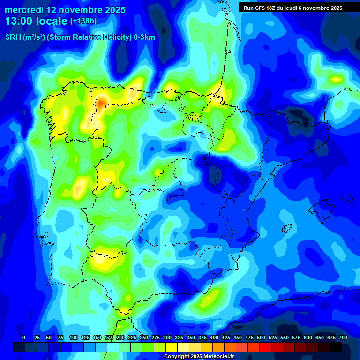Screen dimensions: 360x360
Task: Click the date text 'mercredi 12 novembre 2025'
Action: [x=65, y=10]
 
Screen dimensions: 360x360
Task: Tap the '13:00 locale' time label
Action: [x=37, y=21]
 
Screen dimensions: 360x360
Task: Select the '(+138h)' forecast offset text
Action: [x=83, y=21]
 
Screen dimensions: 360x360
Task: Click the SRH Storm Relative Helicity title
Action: [x=80, y=38]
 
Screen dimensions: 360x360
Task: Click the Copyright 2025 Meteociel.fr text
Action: [x=198, y=356]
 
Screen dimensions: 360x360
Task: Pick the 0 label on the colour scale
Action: [x=24, y=337]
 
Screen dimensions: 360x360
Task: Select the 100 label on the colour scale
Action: [x=74, y=337]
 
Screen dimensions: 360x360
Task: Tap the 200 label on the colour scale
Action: [x=120, y=337]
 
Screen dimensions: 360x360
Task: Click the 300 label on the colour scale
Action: [x=167, y=337]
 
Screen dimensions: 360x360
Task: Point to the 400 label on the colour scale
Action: [x=214, y=337]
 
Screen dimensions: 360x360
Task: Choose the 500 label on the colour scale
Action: [x=261, y=337]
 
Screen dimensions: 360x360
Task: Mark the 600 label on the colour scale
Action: [x=308, y=337]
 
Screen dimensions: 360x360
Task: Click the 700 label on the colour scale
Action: [x=343, y=337]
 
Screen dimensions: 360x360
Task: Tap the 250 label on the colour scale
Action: [x=144, y=337]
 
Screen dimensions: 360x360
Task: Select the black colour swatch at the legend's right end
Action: [x=336, y=347]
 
